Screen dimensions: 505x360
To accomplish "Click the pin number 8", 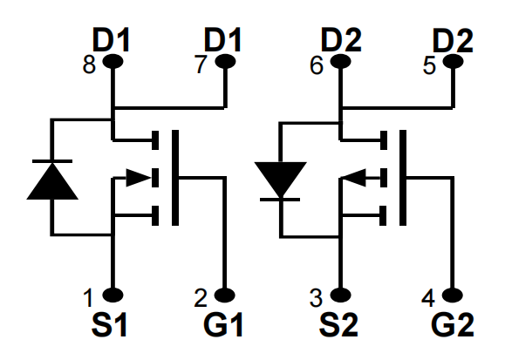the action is pos(89,65).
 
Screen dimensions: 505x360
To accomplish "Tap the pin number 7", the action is pos(201,65).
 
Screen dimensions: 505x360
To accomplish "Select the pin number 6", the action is pos(317,65).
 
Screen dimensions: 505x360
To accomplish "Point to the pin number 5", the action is pos(429,65).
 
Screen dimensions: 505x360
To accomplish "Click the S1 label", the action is pos(109,325).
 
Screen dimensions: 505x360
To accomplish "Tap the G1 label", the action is pos(223,325).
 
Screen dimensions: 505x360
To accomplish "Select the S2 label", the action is pos(338,325).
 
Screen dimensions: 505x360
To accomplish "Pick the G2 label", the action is pos(453,325).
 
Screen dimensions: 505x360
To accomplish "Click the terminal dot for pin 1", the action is pos(113,295).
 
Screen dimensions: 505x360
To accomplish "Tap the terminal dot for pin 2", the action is pos(224,295).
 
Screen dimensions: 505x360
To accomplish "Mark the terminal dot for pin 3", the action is pos(341,295).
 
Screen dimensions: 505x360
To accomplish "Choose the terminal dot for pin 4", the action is pos(453,295).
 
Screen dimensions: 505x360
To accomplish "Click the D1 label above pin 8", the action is pos(111,39).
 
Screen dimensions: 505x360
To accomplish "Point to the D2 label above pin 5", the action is pos(453,40).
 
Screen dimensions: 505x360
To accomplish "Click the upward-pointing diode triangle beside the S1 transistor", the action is pos(52,181).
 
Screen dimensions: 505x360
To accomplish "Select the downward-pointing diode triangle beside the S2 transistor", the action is pos(281,180).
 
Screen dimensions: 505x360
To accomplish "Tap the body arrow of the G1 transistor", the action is pos(138,178).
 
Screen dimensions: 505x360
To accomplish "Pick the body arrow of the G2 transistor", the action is pos(353,178).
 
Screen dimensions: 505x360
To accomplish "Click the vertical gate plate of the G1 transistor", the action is pos(175,178).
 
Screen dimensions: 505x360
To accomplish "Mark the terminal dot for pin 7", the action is pos(225,61).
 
